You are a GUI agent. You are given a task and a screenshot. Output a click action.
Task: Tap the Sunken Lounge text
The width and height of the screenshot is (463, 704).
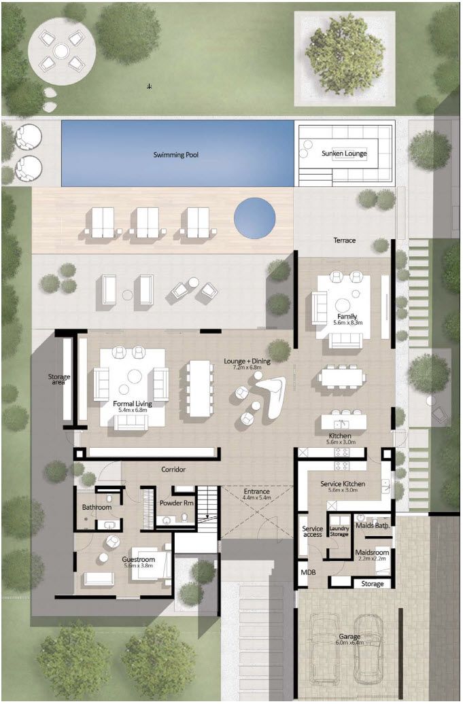(344, 154)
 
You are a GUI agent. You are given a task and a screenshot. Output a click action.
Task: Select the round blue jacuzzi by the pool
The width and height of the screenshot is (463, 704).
(255, 217)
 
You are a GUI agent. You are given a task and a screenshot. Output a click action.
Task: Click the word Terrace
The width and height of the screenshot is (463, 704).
(344, 241)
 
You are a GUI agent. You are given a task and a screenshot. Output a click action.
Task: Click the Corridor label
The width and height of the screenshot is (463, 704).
(173, 470)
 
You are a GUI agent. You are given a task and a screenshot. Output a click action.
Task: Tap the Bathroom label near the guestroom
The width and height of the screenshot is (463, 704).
(97, 507)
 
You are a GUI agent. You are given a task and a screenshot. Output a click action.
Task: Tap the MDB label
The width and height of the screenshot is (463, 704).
(307, 573)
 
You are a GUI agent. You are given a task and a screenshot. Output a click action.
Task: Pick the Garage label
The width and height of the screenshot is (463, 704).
(349, 637)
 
